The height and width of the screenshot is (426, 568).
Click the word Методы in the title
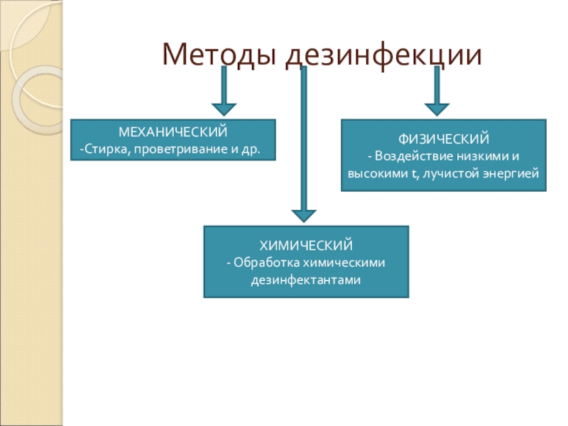click(219, 55)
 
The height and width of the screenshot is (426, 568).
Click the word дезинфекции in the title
click(384, 56)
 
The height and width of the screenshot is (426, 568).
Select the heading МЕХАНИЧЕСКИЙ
click(173, 132)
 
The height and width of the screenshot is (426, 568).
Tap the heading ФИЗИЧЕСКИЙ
click(444, 138)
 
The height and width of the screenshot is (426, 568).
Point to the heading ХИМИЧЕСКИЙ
click(306, 245)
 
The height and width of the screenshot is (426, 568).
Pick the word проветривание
click(181, 149)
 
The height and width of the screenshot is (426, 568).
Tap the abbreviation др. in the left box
click(251, 149)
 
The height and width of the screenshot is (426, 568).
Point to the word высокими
click(377, 173)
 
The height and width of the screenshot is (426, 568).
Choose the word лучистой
click(451, 173)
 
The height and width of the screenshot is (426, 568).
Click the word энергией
click(511, 173)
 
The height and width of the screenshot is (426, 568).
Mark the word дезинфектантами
click(306, 280)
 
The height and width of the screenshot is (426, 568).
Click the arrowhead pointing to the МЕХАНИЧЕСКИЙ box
click(224, 109)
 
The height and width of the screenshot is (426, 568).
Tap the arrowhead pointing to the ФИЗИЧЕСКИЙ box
click(437, 109)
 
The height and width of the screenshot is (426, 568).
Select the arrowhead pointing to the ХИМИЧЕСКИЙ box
click(304, 216)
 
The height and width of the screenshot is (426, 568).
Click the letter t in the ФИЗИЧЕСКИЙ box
click(414, 174)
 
